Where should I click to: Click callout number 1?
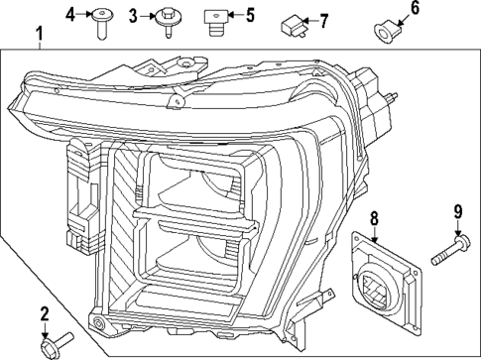[39, 39]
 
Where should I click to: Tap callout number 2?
[45, 314]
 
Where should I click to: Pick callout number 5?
[249, 15]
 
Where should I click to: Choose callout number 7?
[323, 20]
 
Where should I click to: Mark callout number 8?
[374, 217]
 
